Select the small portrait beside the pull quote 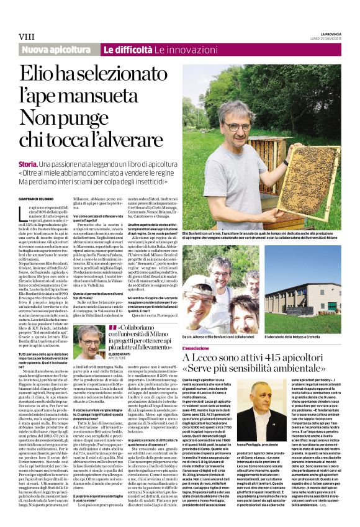[x=91, y=342]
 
